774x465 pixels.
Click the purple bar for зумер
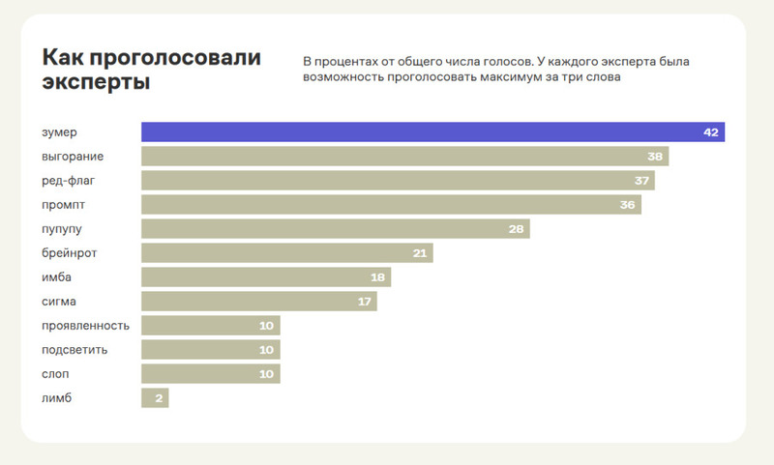tap(432, 132)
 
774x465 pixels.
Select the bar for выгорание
tap(404, 157)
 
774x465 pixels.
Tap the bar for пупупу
tap(335, 228)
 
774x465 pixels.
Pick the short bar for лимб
tap(155, 397)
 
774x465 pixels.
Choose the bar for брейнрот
tap(286, 252)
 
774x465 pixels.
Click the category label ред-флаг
tap(70, 181)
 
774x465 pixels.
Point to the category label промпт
tap(64, 204)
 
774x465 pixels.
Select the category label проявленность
tap(86, 325)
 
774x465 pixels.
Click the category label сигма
tap(60, 301)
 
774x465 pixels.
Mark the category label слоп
tap(56, 373)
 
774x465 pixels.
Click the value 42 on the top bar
tap(711, 132)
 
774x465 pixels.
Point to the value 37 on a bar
tap(641, 181)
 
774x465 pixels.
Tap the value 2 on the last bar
tap(159, 397)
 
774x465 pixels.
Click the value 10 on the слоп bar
tap(267, 373)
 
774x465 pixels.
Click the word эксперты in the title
tap(96, 82)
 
